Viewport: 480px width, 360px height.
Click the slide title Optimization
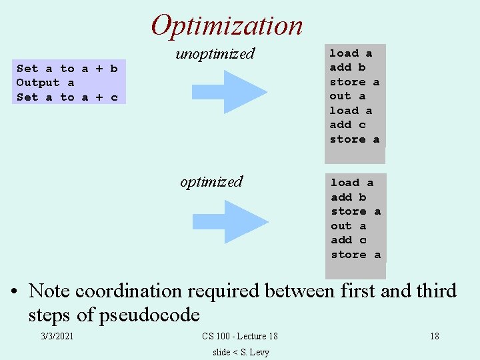[227, 25]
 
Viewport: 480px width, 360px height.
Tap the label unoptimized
[215, 53]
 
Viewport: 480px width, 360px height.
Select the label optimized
[211, 181]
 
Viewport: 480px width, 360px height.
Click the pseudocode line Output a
[45, 83]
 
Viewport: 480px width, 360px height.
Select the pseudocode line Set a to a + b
[67, 68]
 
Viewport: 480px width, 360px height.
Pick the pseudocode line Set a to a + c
[67, 97]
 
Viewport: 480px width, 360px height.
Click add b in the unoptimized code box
[347, 67]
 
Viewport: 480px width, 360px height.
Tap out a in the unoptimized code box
[347, 96]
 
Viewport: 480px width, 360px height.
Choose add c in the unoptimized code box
[347, 125]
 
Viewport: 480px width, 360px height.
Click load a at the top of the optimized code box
[352, 183]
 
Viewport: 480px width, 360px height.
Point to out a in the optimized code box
[348, 226]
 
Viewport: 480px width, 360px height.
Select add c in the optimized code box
[349, 240]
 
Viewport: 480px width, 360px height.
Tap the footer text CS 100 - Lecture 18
[239, 337]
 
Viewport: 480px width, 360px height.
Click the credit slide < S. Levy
[241, 352]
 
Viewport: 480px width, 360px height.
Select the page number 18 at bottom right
[434, 337]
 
